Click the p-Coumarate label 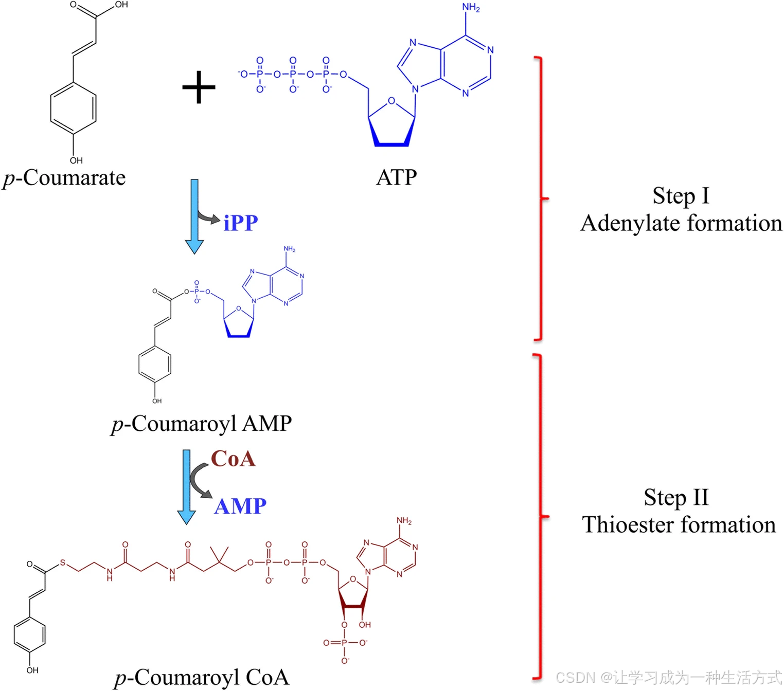click(64, 178)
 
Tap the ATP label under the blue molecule click(396, 177)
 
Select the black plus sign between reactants click(199, 87)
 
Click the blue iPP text click(241, 223)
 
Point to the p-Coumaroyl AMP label click(202, 424)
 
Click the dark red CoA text click(233, 459)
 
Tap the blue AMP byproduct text click(240, 506)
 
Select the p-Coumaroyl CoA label click(202, 677)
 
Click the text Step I click(681, 196)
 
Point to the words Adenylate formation click(681, 223)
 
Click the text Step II click(676, 497)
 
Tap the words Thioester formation click(679, 525)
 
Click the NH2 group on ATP click(470, 8)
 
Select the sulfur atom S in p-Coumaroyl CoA click(63, 563)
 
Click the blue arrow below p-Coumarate click(194, 216)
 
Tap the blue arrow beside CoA click(186, 486)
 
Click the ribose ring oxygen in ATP click(391, 101)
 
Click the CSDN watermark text click(668, 678)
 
